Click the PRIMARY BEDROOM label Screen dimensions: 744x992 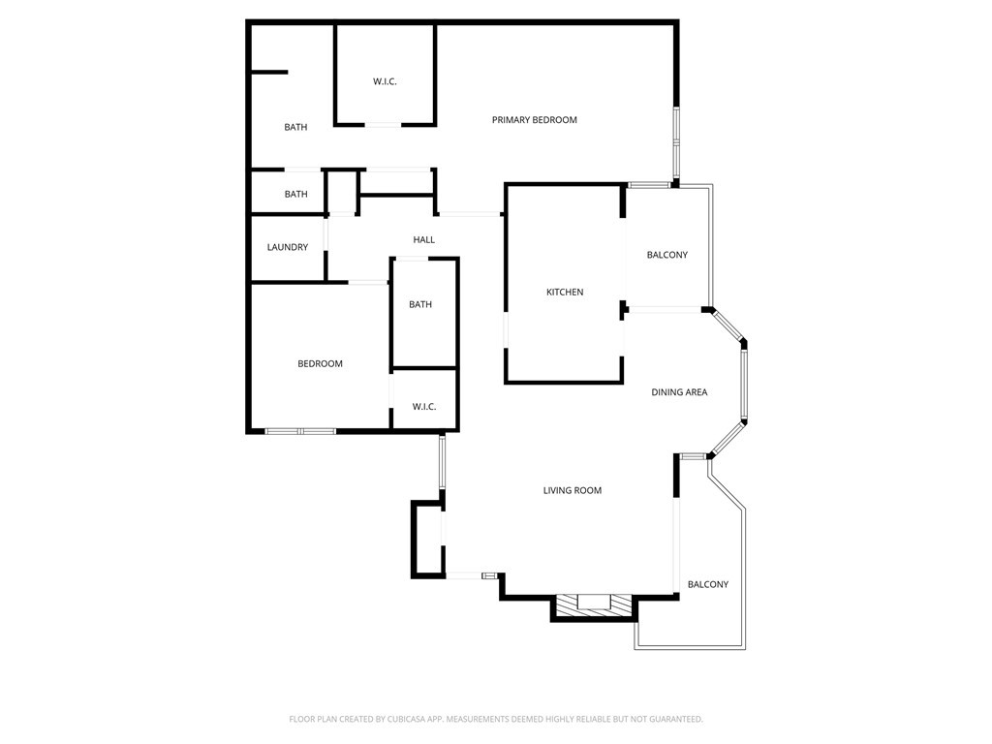pyautogui.click(x=534, y=120)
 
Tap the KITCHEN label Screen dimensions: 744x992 pyautogui.click(x=565, y=292)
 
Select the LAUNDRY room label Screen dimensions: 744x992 pyautogui.click(x=288, y=247)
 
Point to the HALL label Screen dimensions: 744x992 pyautogui.click(x=423, y=239)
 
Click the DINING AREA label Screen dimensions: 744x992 pyautogui.click(x=678, y=392)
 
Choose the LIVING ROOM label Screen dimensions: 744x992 pyautogui.click(x=572, y=490)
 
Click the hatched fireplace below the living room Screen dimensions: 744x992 pyautogui.click(x=594, y=606)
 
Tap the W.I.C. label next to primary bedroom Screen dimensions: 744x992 pyautogui.click(x=385, y=81)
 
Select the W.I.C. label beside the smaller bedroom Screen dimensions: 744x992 pyautogui.click(x=424, y=407)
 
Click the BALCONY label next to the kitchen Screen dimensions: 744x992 pyautogui.click(x=666, y=255)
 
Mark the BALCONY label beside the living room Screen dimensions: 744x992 pyautogui.click(x=707, y=584)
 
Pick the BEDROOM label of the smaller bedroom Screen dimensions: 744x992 pyautogui.click(x=320, y=363)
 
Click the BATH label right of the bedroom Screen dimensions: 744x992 pyautogui.click(x=420, y=304)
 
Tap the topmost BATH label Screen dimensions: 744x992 pyautogui.click(x=295, y=127)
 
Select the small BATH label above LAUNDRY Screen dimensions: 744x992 pyautogui.click(x=295, y=194)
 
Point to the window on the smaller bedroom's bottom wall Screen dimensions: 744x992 pyautogui.click(x=300, y=430)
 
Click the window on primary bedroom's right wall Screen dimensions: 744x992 pyautogui.click(x=676, y=140)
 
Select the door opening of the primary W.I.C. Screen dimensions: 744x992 pyautogui.click(x=383, y=124)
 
